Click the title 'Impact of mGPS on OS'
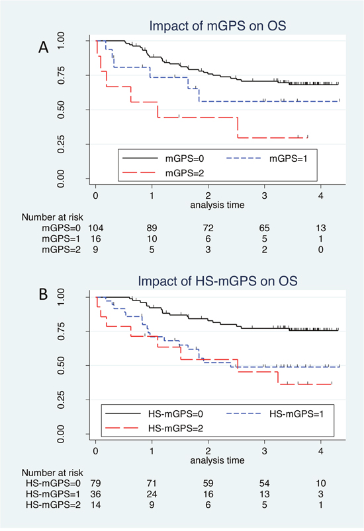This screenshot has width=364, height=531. [218, 26]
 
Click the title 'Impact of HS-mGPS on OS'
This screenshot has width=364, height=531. [218, 281]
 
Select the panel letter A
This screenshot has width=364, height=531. [44, 47]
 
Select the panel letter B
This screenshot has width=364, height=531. [43, 295]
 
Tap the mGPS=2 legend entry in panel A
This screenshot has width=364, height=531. [163, 173]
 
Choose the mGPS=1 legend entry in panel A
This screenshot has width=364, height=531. [267, 158]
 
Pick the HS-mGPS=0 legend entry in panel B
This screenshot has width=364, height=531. [154, 413]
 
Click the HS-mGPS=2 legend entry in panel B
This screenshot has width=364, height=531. [154, 429]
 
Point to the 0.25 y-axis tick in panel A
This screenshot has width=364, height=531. [61, 144]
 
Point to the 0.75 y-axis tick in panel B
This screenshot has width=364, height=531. [61, 331]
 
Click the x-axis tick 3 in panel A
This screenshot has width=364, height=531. [264, 195]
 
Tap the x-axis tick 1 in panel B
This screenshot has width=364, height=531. [152, 450]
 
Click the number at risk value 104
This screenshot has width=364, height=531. [96, 228]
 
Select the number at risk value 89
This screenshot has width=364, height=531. [152, 228]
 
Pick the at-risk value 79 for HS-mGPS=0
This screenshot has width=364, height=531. [96, 483]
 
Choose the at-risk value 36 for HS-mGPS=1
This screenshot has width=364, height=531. [96, 494]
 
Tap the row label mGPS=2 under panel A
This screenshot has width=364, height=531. [62, 250]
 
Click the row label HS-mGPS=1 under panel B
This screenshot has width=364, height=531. [53, 494]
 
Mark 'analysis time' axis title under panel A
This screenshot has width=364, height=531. [217, 205]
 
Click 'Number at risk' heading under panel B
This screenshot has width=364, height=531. [52, 472]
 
